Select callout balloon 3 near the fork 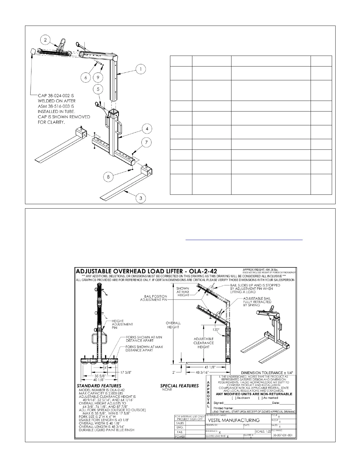click(x=141, y=198)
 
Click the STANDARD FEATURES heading click(x=99, y=385)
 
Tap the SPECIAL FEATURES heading click(x=179, y=385)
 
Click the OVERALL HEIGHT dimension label click(x=173, y=325)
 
